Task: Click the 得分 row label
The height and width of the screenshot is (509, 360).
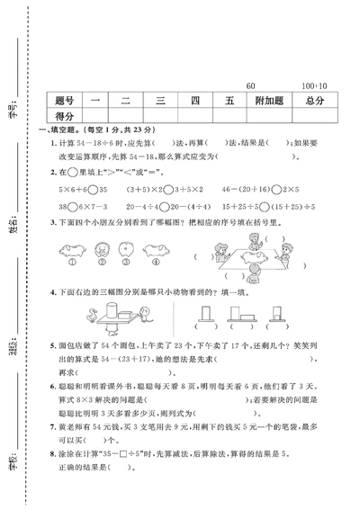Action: [x=63, y=117]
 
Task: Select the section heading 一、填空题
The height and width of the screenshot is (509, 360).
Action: [x=61, y=130]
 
